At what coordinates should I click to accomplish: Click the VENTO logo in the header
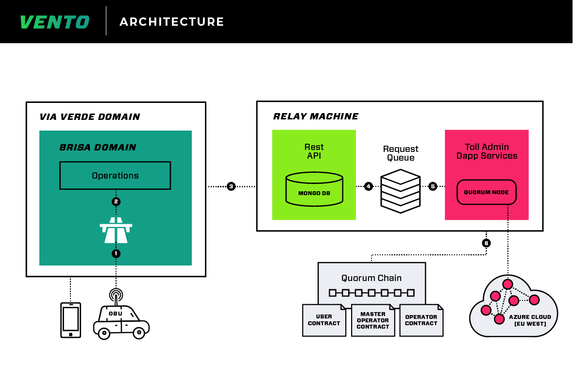pos(54,22)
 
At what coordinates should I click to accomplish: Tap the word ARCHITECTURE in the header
pos(172,22)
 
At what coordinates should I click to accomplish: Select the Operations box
pos(115,176)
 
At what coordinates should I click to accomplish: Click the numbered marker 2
pos(116,201)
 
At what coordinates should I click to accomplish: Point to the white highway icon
pos(116,230)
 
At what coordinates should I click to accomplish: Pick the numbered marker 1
pos(116,253)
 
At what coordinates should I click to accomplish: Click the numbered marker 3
pos(231,186)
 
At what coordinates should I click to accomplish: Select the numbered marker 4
pos(369,186)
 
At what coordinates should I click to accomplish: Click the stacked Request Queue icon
pos(401,191)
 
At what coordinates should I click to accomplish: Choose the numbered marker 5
pos(433,186)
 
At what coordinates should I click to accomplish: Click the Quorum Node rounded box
pos(486,192)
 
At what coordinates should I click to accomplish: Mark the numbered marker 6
pos(486,243)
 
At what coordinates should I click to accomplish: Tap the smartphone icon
pos(70,320)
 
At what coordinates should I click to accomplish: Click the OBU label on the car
pos(116,314)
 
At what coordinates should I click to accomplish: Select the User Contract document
pos(324,320)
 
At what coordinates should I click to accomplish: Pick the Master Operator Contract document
pos(373,320)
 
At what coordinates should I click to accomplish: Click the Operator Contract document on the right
pos(421,320)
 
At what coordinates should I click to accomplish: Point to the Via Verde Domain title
pos(90,117)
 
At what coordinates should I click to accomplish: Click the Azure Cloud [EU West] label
pos(530,320)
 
